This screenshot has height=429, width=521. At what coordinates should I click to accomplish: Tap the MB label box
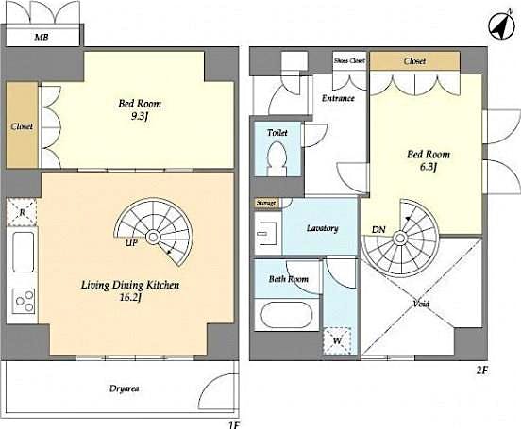tap(42, 39)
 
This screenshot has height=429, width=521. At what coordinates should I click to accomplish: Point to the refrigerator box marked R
tap(22, 211)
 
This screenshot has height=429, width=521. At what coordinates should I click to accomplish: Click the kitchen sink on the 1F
tap(23, 252)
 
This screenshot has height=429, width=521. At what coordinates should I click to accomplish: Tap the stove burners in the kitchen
tap(23, 302)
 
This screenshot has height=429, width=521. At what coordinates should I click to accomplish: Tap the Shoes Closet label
tap(348, 60)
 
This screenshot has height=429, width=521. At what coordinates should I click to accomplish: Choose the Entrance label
tap(338, 98)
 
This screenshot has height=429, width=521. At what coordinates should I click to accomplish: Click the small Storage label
tap(266, 203)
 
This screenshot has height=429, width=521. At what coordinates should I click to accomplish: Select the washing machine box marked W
tap(337, 338)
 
